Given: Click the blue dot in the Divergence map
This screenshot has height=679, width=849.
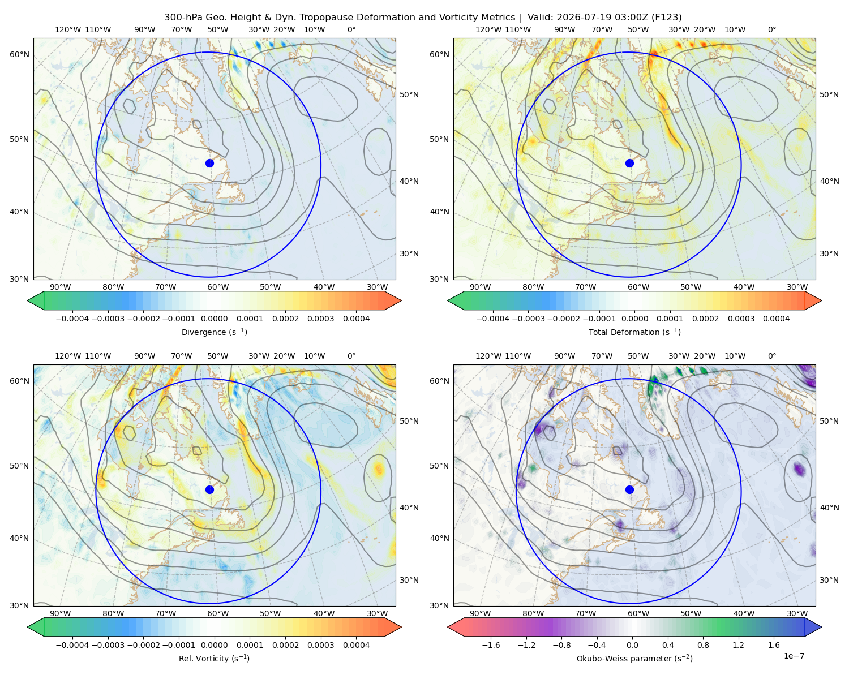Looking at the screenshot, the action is [x=209, y=163].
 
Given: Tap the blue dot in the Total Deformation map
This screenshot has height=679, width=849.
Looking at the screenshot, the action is [x=629, y=163].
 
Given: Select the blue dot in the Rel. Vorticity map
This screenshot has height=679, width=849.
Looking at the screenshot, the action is [x=209, y=489].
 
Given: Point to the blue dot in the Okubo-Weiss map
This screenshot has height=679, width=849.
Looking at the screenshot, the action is [x=629, y=489].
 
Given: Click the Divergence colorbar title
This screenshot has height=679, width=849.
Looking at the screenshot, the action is [x=214, y=332].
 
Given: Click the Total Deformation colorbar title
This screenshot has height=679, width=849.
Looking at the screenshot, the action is [x=634, y=332].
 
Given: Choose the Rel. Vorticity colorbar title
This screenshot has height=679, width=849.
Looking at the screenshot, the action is [x=214, y=658].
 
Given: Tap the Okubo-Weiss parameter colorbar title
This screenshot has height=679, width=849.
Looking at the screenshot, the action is [x=634, y=658].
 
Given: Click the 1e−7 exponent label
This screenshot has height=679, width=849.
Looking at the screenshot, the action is [x=794, y=656].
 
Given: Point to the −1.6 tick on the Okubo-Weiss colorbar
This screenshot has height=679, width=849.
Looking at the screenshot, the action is [x=491, y=645].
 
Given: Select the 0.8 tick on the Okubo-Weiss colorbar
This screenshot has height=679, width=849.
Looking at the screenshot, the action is [x=703, y=645].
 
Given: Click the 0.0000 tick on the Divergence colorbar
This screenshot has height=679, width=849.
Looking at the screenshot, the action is [x=214, y=319].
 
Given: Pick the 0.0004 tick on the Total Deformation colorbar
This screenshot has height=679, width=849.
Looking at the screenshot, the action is [x=776, y=319].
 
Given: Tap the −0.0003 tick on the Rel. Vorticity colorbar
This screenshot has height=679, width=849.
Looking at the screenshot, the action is [x=108, y=645].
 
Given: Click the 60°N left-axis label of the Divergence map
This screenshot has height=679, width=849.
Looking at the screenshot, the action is [x=19, y=54].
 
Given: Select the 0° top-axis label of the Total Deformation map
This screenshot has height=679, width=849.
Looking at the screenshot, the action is [x=771, y=29].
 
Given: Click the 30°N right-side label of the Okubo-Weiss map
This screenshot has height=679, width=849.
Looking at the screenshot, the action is [x=829, y=580].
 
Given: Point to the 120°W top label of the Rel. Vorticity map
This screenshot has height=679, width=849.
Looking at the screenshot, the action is [x=68, y=356].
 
